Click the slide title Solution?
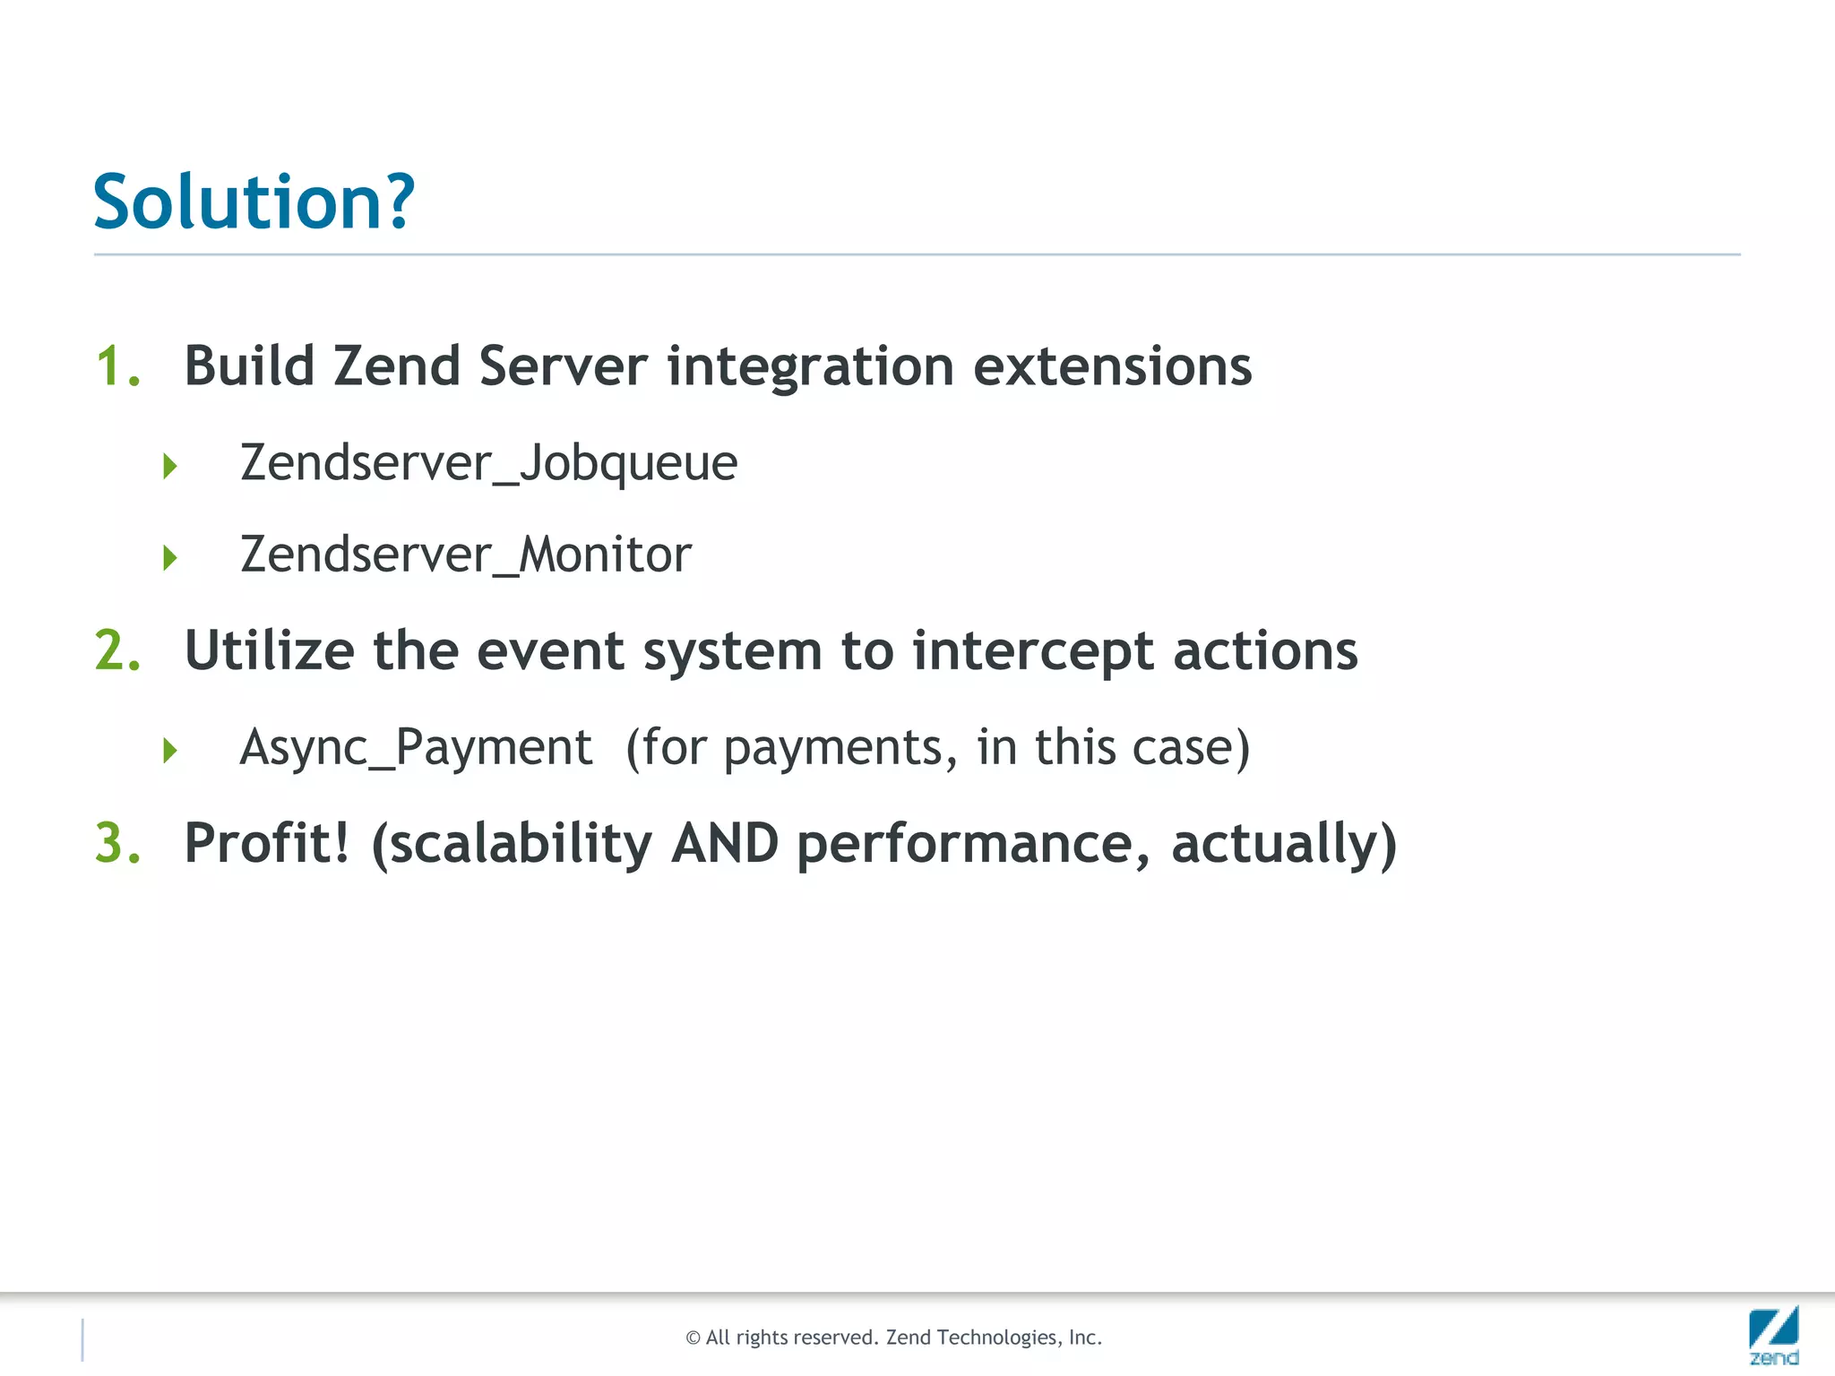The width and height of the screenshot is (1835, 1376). click(x=254, y=202)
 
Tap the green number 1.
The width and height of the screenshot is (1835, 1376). click(x=117, y=366)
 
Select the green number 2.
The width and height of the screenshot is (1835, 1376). click(x=117, y=650)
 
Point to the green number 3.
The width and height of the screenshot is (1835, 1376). click(x=117, y=844)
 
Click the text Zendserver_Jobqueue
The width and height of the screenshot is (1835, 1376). click(x=488, y=464)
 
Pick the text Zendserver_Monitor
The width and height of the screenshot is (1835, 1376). click(x=466, y=555)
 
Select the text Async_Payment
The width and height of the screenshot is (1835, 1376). click(x=416, y=748)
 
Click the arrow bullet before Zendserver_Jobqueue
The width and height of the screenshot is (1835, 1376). click(x=170, y=466)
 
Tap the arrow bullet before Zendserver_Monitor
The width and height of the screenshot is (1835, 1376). click(x=170, y=558)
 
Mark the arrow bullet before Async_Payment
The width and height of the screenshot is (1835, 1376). click(x=170, y=750)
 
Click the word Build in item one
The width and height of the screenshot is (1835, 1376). click(x=249, y=366)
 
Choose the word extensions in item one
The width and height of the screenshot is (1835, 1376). click(x=1112, y=366)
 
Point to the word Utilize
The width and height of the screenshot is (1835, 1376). click(x=269, y=650)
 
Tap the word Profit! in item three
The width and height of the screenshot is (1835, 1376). click(x=266, y=844)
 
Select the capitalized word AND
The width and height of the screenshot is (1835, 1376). click(x=725, y=844)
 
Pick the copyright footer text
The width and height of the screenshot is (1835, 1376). click(x=893, y=1337)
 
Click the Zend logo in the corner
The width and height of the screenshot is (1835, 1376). click(x=1773, y=1335)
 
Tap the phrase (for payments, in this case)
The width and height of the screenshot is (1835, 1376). click(x=937, y=748)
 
